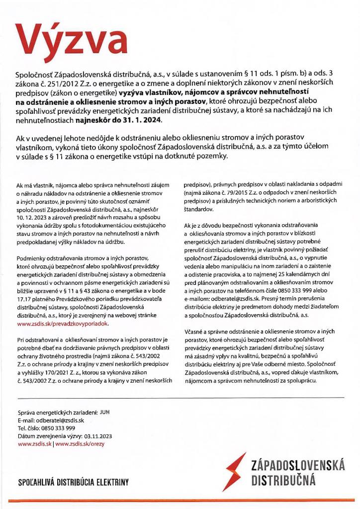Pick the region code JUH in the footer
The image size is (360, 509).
click(104, 412)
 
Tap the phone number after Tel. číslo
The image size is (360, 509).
click(57, 428)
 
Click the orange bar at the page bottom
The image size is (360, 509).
click(180, 501)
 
